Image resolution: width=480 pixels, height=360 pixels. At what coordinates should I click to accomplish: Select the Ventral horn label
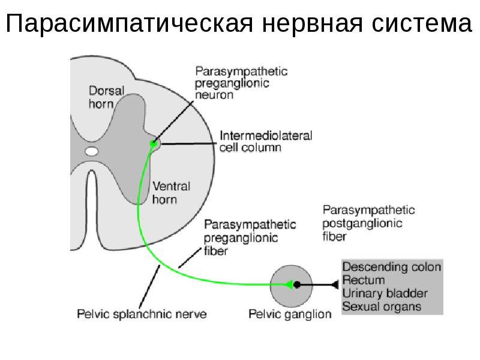pos(173,192)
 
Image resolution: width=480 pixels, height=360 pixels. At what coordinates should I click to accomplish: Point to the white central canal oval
pos(91,152)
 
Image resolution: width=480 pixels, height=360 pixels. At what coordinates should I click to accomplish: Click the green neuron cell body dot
pos(154,143)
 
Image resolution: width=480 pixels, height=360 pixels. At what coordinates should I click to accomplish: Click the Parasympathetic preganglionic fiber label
pos(250,238)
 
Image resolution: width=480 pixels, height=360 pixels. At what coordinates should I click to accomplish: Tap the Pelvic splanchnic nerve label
pos(142,313)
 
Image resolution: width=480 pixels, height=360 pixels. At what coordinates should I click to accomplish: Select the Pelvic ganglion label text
pos(290,314)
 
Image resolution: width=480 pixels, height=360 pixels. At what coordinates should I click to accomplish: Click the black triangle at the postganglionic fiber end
pos(334,285)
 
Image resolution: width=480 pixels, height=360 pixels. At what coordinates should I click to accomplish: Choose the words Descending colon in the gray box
pos(392,267)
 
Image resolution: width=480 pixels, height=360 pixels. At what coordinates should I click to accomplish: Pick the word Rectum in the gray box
pos(364,280)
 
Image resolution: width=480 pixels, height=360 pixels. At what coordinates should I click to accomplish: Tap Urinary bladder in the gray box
pos(385,293)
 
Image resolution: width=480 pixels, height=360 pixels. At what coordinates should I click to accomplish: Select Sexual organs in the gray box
pos(382,307)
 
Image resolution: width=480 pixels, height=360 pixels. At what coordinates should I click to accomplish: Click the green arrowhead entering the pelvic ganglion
pos(289,285)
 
